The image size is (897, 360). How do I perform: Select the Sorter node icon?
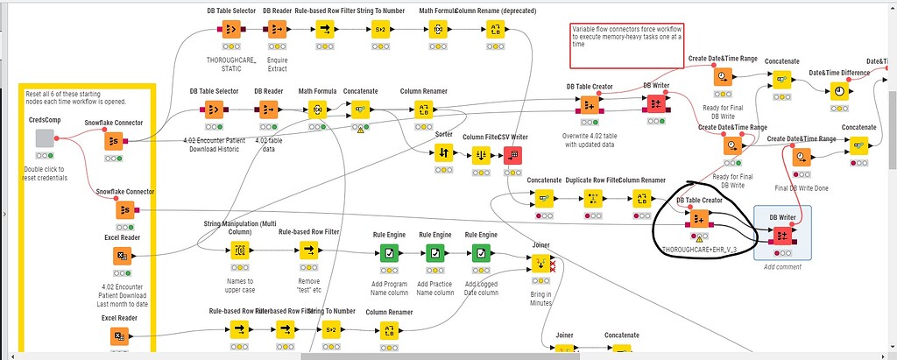point(444,153)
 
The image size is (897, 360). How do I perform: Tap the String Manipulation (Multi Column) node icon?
point(239,251)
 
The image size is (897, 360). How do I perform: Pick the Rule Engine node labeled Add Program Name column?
point(390,252)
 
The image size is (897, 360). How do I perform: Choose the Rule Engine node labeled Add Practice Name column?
point(434,252)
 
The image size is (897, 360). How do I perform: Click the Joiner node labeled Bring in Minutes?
point(541,263)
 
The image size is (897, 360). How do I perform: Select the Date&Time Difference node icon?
point(838,91)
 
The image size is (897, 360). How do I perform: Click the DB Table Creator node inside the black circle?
point(698,217)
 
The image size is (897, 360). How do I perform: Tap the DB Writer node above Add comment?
point(782,234)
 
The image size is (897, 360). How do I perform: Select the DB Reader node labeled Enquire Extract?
point(277,29)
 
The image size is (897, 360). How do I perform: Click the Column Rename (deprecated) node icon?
point(497,29)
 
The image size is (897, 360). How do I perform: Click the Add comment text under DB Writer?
point(782,266)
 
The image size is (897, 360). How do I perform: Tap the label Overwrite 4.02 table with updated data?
point(590,140)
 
